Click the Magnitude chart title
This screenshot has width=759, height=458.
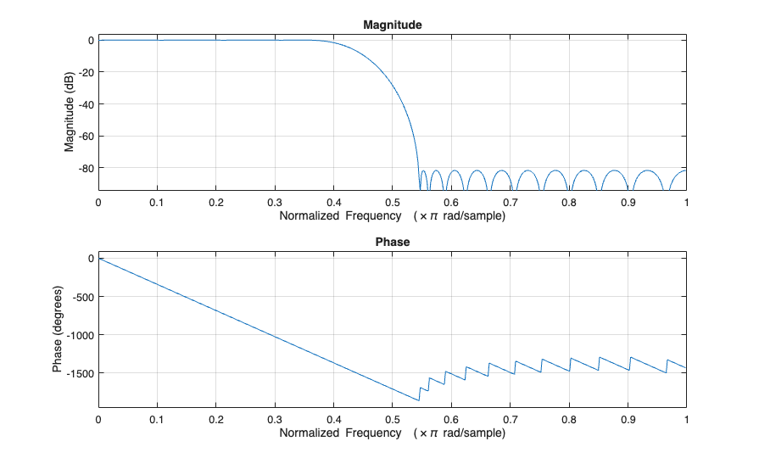392,25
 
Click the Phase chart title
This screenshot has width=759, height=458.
392,243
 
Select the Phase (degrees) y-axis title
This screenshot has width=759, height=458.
58,330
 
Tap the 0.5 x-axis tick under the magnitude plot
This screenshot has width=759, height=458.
392,203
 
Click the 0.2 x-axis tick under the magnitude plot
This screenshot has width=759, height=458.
215,203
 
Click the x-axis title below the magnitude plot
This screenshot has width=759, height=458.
392,216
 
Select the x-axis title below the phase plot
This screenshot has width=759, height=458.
392,433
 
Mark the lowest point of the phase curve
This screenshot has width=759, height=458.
419,400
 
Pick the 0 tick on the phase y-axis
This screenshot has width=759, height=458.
89,258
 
